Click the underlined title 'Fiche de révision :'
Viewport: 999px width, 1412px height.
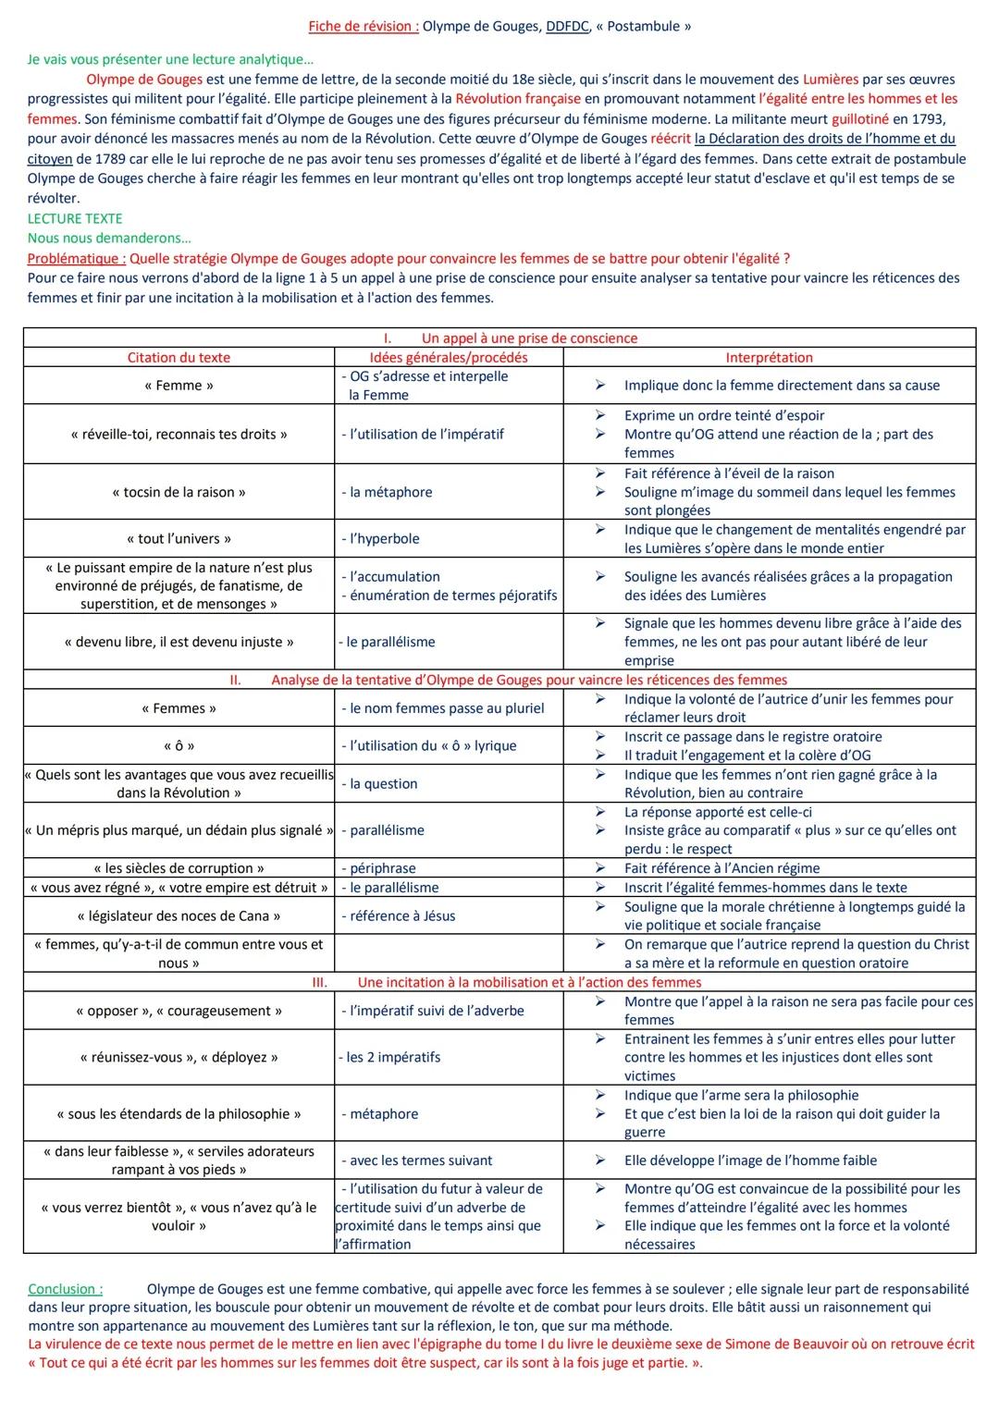364,26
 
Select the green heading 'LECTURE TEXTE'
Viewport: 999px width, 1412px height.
75,218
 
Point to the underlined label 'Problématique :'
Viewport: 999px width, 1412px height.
77,259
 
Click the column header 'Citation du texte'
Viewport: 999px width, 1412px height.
179,357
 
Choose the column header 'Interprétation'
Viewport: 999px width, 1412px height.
769,357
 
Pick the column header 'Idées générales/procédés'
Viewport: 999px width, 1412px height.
449,357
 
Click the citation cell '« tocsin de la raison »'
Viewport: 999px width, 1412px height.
179,492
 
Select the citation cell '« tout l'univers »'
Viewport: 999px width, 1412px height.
179,538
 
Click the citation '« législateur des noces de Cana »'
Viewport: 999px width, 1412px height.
179,915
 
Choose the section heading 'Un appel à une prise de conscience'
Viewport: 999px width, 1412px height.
529,338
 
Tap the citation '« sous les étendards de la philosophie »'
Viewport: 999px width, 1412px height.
179,1113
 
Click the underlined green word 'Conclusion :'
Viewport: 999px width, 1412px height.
66,1288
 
